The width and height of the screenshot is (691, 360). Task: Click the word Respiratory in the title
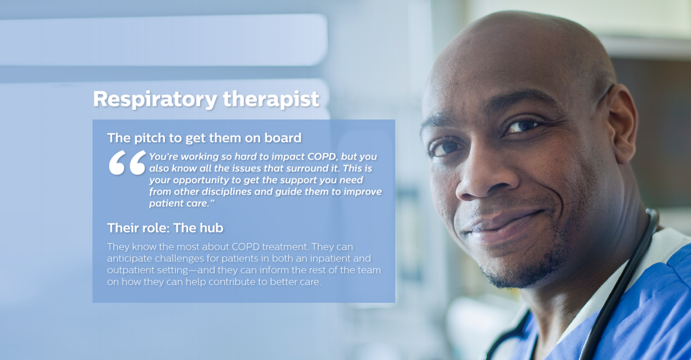click(155, 99)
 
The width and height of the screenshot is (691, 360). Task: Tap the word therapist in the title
click(271, 99)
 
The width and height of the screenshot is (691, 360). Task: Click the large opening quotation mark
click(127, 163)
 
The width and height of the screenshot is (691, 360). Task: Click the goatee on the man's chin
click(518, 270)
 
